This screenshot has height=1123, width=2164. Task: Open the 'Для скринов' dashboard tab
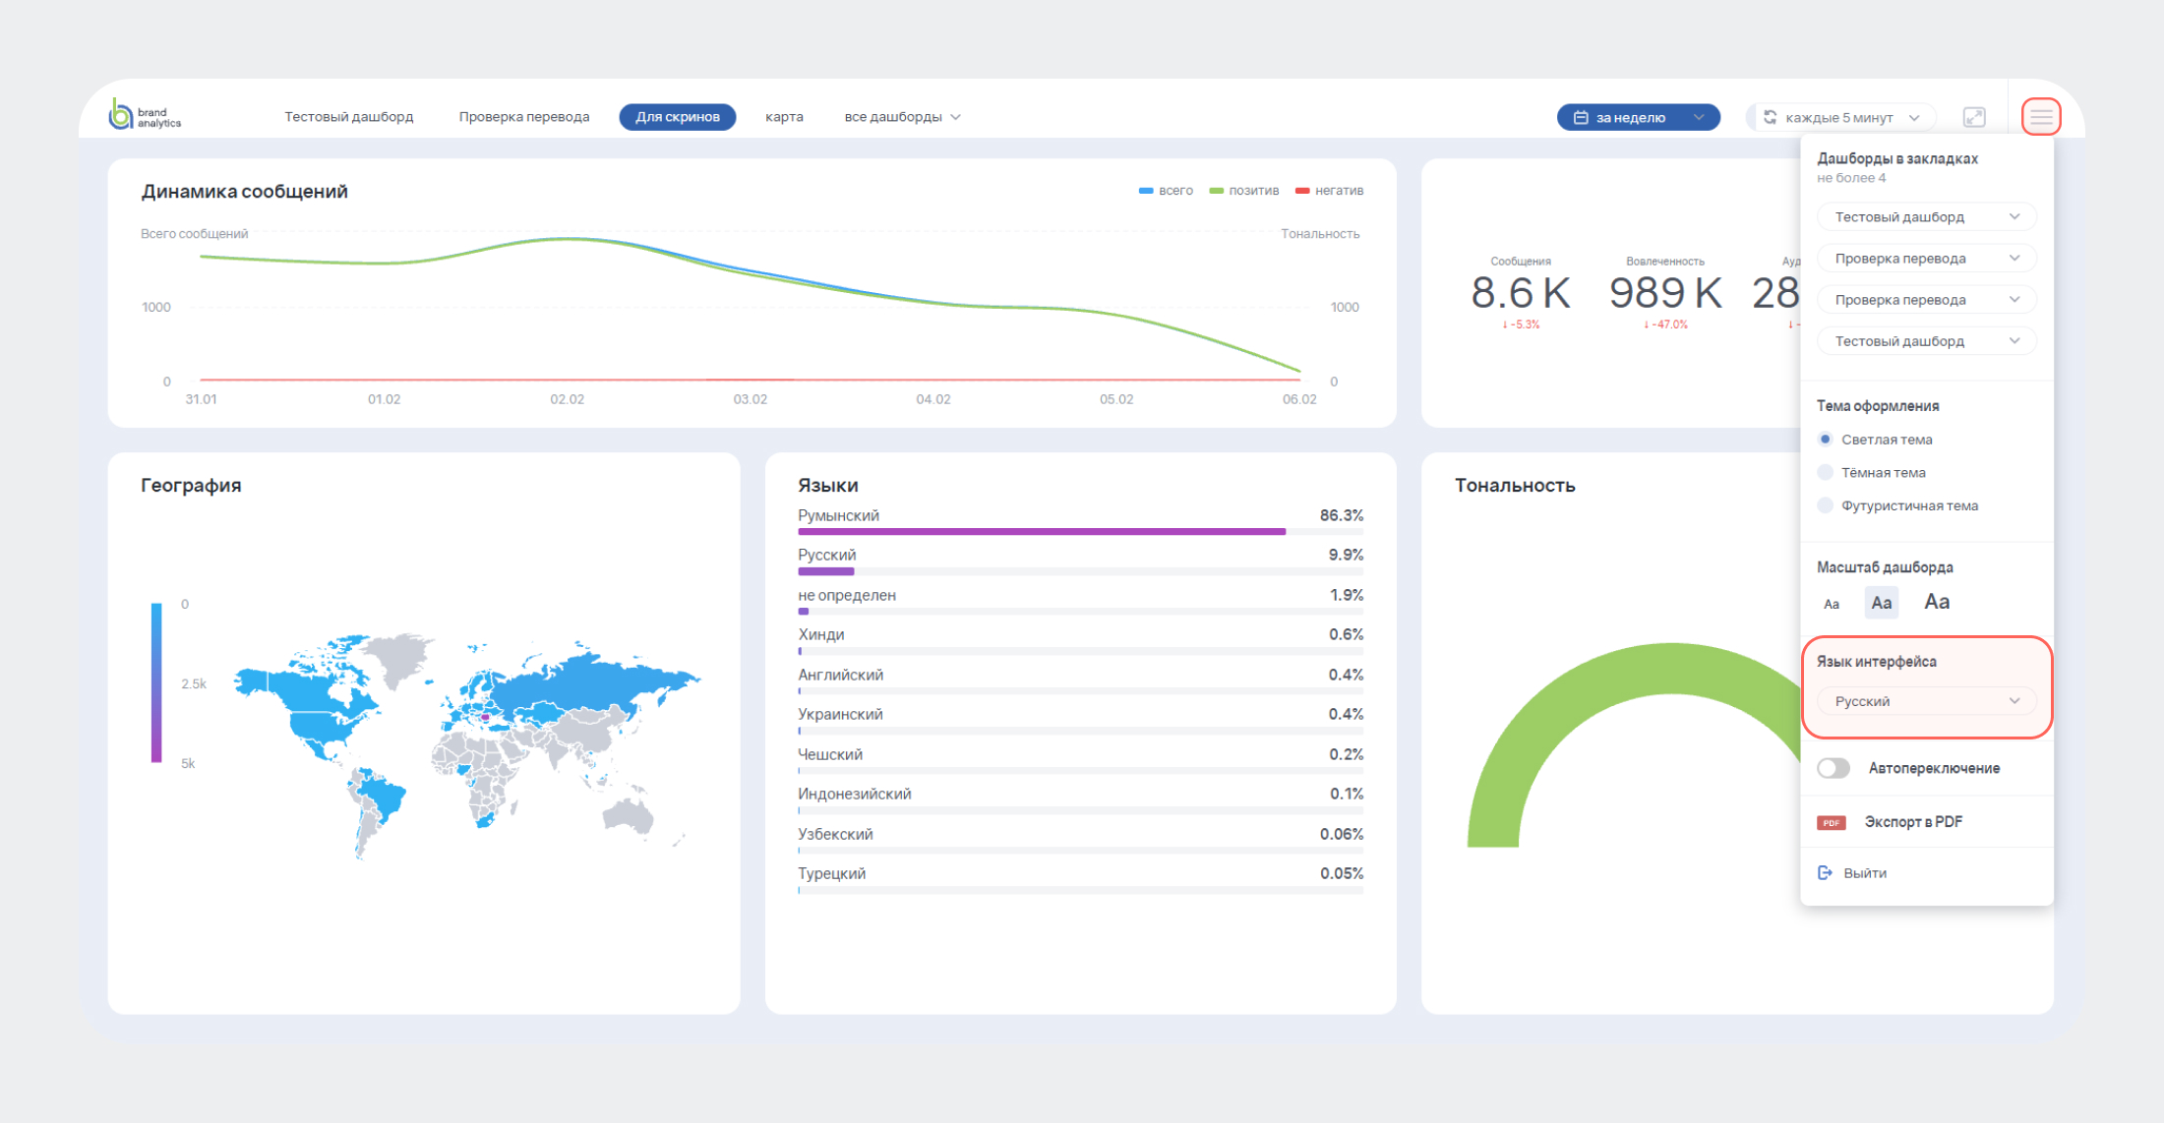pyautogui.click(x=677, y=117)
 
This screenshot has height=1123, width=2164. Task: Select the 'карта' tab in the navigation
pyautogui.click(x=784, y=117)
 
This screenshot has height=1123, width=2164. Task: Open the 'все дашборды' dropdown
pyautogui.click(x=902, y=117)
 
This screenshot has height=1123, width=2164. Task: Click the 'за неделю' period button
pyautogui.click(x=1638, y=117)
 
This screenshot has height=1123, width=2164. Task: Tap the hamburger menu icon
pyautogui.click(x=2041, y=117)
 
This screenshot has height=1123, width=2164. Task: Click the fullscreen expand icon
pyautogui.click(x=1974, y=117)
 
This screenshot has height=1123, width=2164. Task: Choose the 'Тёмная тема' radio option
pyautogui.click(x=1827, y=473)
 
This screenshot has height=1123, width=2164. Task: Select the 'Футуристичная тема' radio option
pyautogui.click(x=1827, y=506)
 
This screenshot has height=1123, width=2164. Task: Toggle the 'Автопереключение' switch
pyautogui.click(x=1833, y=768)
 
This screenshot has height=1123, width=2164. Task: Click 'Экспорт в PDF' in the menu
pyautogui.click(x=1912, y=822)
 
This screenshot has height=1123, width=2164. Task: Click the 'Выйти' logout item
pyautogui.click(x=1864, y=873)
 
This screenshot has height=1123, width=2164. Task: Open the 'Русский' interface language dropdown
pyautogui.click(x=1925, y=701)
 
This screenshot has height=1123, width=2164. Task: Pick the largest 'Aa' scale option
pyautogui.click(x=1937, y=602)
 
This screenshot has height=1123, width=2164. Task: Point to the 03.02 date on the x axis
pyautogui.click(x=751, y=399)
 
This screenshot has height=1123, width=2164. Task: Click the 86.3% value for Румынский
pyautogui.click(x=1341, y=515)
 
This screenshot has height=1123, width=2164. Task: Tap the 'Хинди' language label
pyautogui.click(x=821, y=635)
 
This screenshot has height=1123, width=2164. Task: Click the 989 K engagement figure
pyautogui.click(x=1665, y=293)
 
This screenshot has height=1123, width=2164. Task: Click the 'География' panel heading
pyautogui.click(x=191, y=485)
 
